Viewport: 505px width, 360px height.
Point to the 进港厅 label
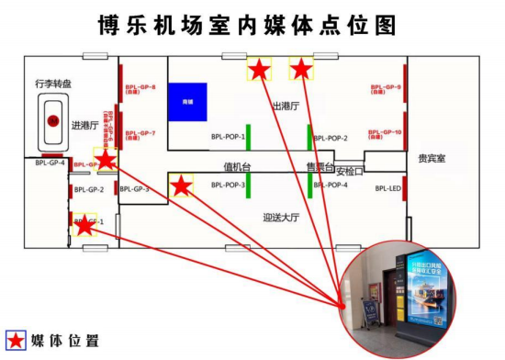(84, 125)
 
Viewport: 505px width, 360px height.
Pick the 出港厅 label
(286, 107)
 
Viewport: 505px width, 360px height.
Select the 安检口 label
(350, 171)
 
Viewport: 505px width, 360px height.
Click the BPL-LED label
(388, 188)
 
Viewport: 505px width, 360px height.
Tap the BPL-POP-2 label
(331, 138)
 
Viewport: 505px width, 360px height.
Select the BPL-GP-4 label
(50, 164)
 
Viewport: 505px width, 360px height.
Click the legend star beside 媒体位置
(17, 340)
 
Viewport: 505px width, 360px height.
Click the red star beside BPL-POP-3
(182, 186)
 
